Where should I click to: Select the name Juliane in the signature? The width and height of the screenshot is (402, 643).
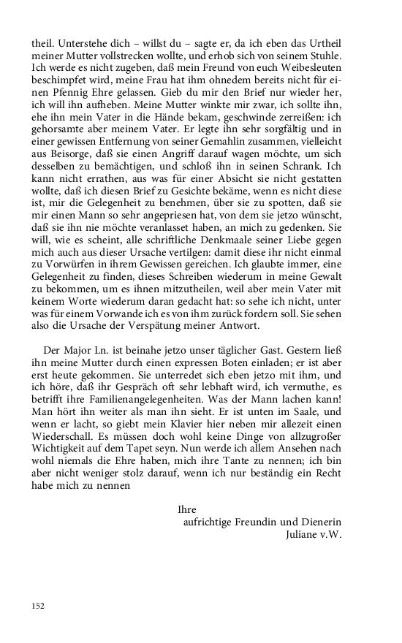pyautogui.click(x=309, y=534)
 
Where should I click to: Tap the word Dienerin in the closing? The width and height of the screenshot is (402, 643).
pyautogui.click(x=321, y=522)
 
